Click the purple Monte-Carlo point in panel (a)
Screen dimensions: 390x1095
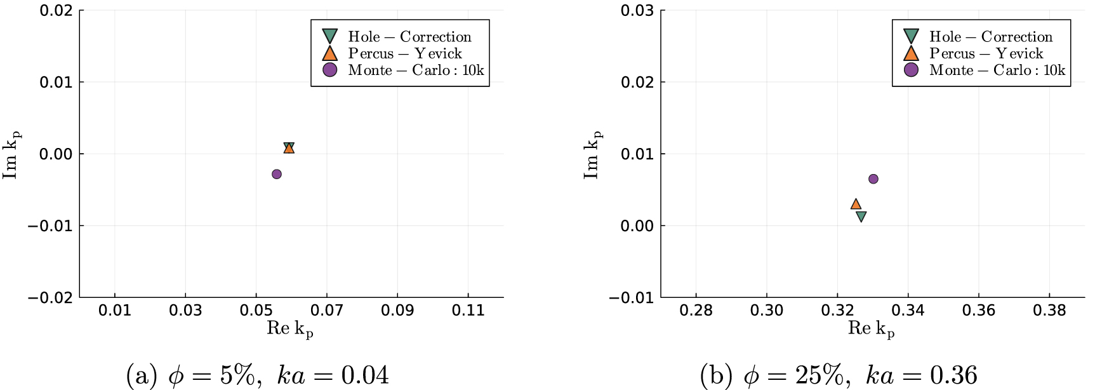(277, 174)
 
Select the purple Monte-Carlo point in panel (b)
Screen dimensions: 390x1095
(873, 179)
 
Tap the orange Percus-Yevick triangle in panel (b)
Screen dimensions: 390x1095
(856, 204)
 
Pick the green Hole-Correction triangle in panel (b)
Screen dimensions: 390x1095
(861, 217)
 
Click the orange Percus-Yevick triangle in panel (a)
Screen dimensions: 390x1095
(289, 149)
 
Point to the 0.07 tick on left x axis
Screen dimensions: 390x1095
(327, 310)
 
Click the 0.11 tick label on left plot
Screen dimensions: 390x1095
(468, 310)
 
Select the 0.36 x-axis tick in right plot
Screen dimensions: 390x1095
(979, 310)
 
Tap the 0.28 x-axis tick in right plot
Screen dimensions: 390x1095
(696, 310)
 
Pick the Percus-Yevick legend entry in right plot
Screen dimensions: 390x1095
(986, 53)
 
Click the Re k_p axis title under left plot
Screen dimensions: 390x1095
(290, 328)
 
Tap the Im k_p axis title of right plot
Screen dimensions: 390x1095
(592, 154)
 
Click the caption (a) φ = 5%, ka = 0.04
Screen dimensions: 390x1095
(258, 375)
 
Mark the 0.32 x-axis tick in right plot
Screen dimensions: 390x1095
(837, 310)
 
